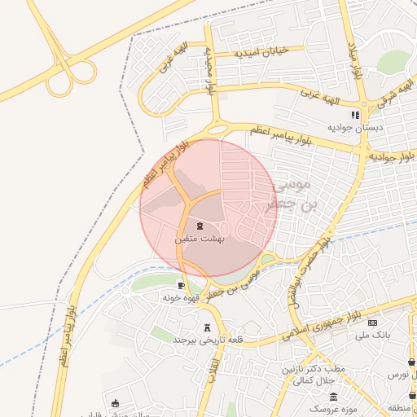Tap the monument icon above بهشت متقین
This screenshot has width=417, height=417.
pos(200,226)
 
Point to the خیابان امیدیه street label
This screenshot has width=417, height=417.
pos(261,52)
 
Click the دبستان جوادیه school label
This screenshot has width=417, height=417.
pos(355,128)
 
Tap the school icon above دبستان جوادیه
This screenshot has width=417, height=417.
pos(355,115)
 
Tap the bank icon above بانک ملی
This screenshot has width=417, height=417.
pos(373,323)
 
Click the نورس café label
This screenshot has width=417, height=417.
pos(398,374)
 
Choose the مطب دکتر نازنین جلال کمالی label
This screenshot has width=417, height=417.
pos(313,375)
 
